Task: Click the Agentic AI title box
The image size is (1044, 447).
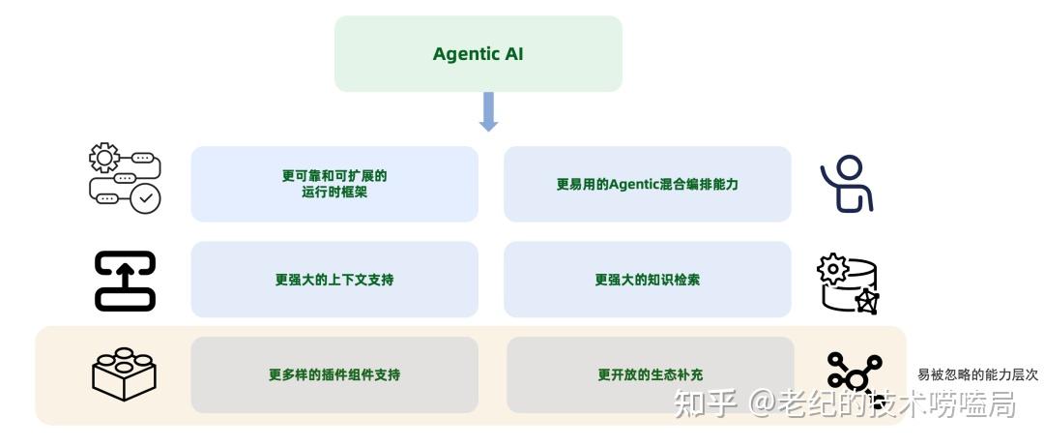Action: tap(478, 54)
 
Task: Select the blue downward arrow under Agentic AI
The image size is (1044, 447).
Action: tap(488, 112)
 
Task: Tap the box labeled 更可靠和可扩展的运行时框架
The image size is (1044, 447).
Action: tap(334, 184)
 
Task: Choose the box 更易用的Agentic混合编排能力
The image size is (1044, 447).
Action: tap(647, 184)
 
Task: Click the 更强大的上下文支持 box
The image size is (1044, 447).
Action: tap(334, 280)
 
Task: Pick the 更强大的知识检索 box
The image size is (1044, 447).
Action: tap(647, 280)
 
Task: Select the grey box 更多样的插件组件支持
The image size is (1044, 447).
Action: tap(334, 374)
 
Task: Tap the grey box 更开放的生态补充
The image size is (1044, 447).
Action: tap(650, 374)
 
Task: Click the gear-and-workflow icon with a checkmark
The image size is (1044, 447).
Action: tap(124, 178)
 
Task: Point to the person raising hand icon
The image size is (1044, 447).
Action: tap(847, 184)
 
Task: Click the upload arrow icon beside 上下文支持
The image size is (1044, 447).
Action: tap(125, 281)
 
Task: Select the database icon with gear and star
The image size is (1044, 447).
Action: tap(848, 283)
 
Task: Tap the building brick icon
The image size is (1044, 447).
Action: tap(124, 372)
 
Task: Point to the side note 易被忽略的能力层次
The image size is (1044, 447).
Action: tap(977, 374)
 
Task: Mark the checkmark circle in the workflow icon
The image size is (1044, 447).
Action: tap(146, 199)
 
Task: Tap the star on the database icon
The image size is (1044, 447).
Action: tap(866, 302)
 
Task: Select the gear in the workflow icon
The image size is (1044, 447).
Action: tap(103, 158)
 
